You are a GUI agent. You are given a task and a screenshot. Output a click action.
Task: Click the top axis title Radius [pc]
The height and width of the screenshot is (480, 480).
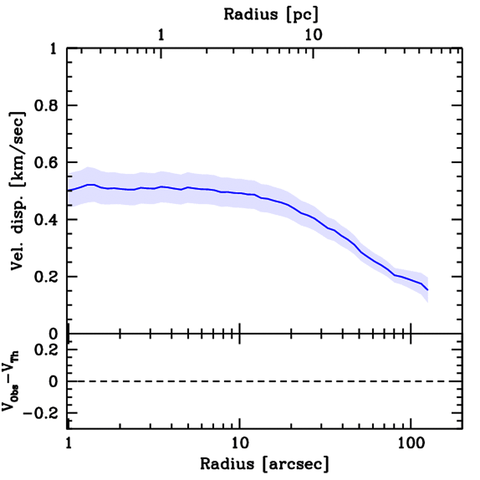click(270, 15)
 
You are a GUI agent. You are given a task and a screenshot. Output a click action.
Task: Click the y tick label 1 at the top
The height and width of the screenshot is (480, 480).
click(53, 49)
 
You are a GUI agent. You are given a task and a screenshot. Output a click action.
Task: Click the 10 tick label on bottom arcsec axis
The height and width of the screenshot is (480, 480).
click(240, 442)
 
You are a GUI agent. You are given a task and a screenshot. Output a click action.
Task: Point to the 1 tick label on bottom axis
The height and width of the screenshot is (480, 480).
click(68, 442)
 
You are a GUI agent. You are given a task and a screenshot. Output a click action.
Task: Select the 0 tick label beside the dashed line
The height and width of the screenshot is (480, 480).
click(53, 382)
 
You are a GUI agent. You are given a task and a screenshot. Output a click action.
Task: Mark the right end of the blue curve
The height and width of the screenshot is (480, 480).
click(427, 290)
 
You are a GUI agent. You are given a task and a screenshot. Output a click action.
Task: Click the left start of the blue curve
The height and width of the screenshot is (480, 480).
click(68, 190)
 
